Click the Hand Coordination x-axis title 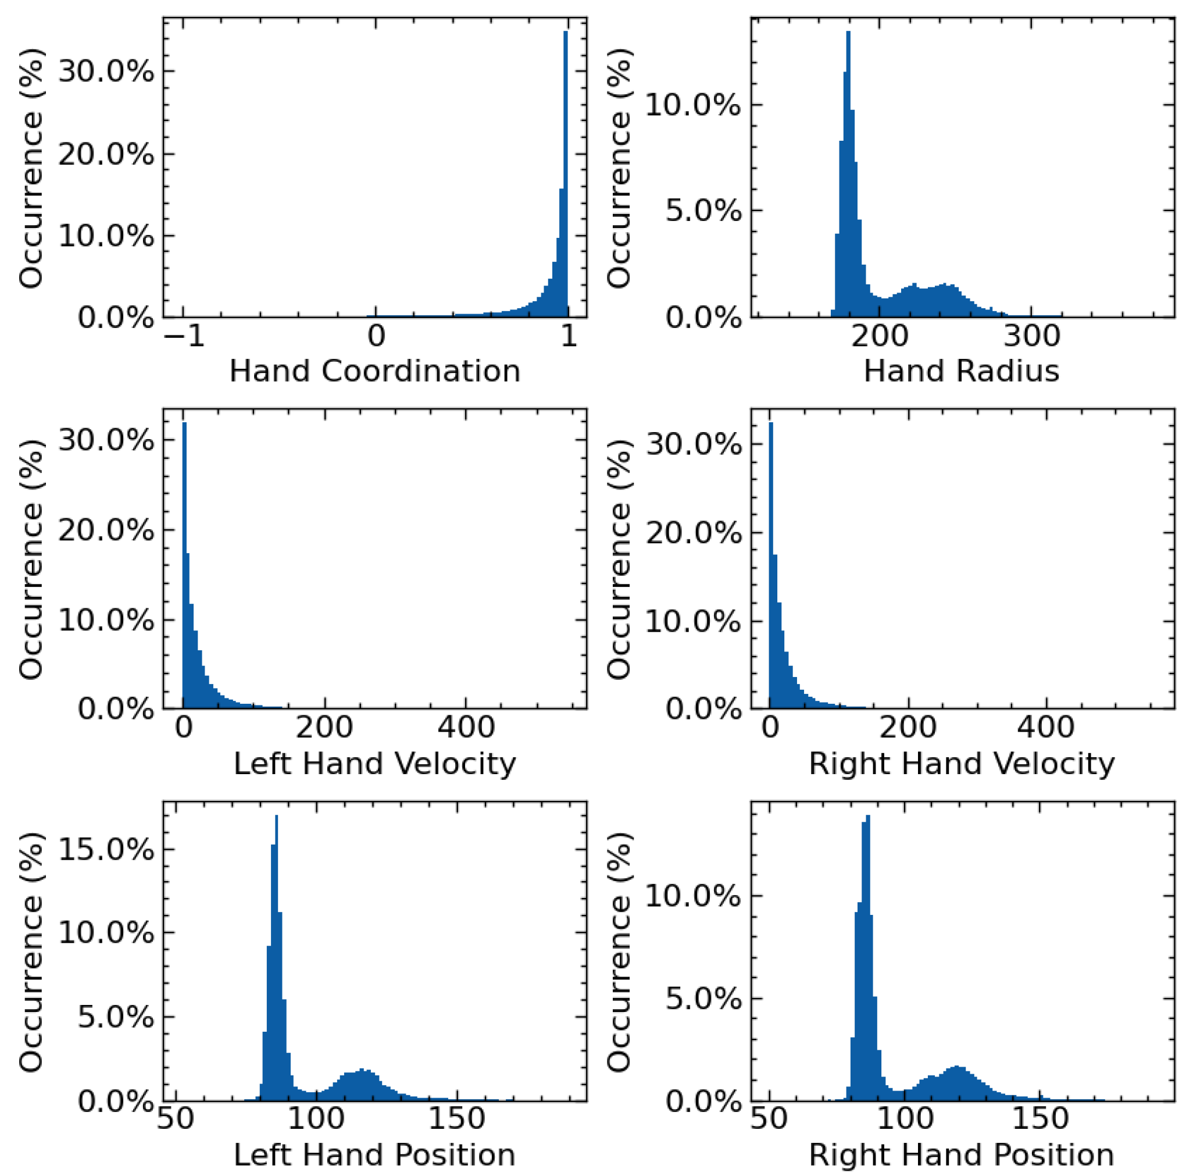[374, 372]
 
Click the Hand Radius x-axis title [962, 372]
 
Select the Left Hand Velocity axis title [374, 763]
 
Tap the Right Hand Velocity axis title [962, 763]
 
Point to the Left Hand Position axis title [374, 1154]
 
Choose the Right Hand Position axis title [962, 1154]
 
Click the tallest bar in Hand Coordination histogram [565, 184]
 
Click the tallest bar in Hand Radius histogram [848, 184]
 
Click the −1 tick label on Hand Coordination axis [185, 336]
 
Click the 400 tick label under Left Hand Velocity [466, 728]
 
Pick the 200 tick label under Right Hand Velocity [908, 728]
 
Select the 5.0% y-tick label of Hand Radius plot [703, 211]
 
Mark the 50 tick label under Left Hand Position [176, 1119]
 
